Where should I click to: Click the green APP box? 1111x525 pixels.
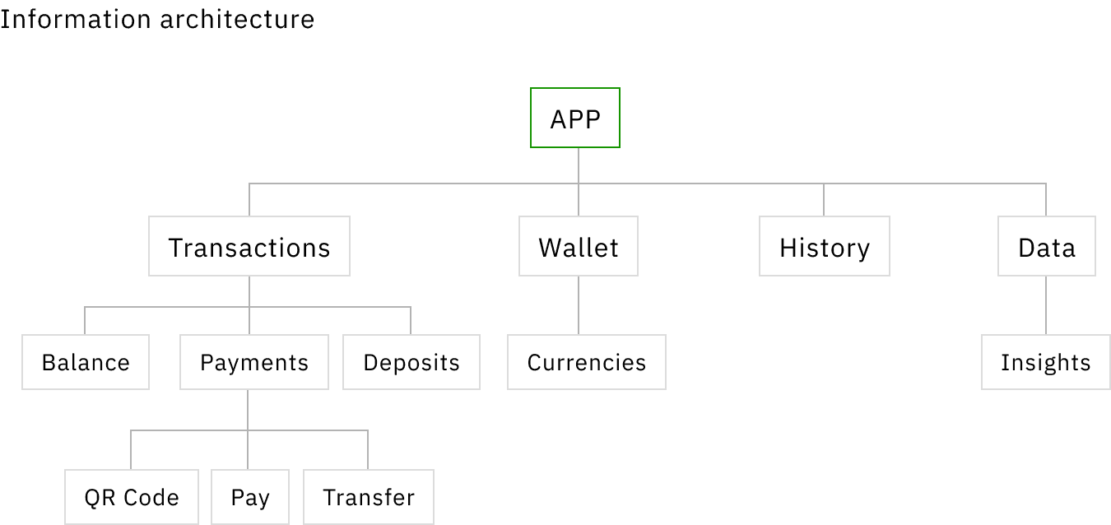coord(575,118)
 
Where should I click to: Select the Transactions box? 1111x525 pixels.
coord(249,246)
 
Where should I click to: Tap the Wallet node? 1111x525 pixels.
coord(579,246)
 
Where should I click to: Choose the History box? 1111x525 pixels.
coord(825,246)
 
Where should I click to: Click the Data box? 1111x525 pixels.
coord(1047,246)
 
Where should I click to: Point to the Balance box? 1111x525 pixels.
coord(86,362)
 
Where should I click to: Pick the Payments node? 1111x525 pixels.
coord(254,362)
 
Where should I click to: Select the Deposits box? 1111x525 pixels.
coord(411,362)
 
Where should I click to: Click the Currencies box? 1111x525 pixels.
coord(586,362)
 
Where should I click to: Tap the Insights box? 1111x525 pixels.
coord(1045,362)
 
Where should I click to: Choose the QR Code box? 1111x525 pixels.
coord(132,497)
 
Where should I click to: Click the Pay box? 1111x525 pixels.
coord(250,497)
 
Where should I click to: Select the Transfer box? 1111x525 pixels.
coord(369,497)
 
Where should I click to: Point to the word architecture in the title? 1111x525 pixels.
coord(237,20)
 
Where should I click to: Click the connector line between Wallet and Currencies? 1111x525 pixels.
coord(579,305)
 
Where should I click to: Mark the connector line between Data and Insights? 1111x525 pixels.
coord(1046,305)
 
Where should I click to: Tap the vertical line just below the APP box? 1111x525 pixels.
coord(579,165)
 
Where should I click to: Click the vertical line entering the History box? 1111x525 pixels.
coord(824,200)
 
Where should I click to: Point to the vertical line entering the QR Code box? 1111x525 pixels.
coord(131,449)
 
